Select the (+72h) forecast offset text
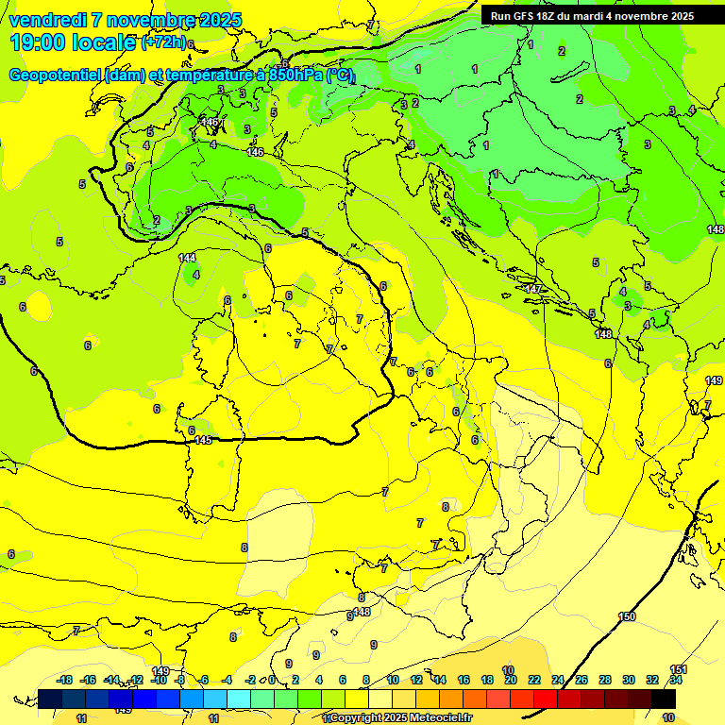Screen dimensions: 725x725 point(163,42)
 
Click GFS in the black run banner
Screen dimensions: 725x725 point(522,16)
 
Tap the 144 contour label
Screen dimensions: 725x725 point(187,258)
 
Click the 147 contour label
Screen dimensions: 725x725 point(533,289)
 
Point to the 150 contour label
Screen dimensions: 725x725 point(628,616)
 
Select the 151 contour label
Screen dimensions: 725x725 point(678,669)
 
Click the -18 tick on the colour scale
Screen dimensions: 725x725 point(64,680)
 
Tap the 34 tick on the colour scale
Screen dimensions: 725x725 point(676,680)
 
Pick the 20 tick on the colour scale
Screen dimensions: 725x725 point(510,680)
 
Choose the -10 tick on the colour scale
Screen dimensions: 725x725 point(160,680)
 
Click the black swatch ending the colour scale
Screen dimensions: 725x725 point(664,699)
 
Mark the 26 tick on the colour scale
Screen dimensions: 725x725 point(582,680)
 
